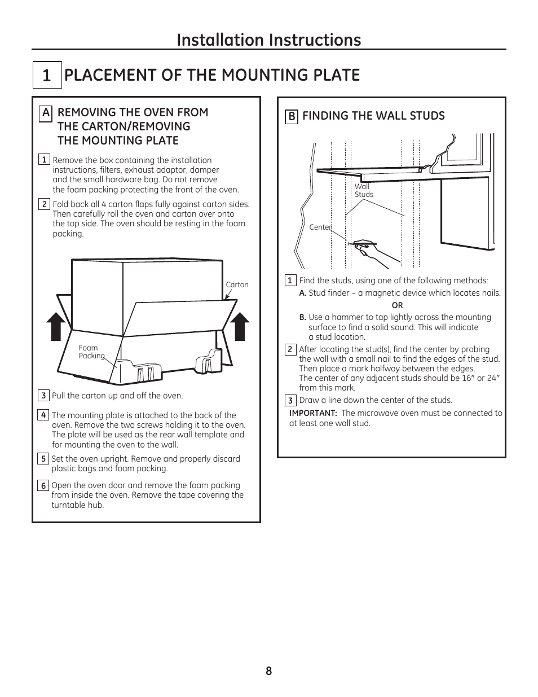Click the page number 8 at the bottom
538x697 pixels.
(269, 671)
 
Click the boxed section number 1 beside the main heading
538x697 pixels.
(46, 76)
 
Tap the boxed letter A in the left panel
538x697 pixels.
(46, 113)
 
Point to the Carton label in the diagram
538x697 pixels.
(237, 285)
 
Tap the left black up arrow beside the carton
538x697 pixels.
(56, 327)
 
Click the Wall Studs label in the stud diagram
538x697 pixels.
(363, 190)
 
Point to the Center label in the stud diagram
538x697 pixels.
(320, 227)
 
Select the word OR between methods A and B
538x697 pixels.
(397, 305)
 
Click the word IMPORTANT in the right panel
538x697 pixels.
(313, 413)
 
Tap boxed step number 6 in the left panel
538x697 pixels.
(43, 485)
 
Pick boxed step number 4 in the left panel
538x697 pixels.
(43, 415)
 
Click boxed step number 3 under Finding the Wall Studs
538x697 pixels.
(290, 401)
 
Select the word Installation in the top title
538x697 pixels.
(220, 40)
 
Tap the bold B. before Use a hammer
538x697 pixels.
(303, 317)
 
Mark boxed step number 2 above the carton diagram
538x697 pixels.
(44, 204)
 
